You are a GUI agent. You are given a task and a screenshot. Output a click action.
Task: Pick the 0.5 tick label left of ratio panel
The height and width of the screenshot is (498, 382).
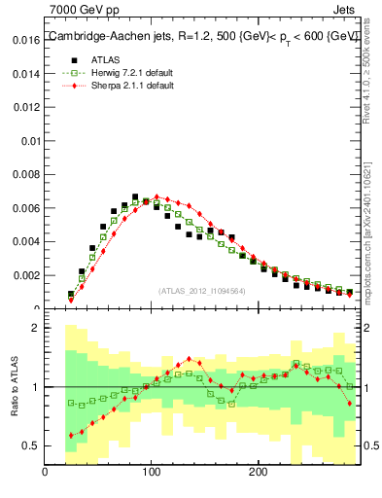pos(29,445)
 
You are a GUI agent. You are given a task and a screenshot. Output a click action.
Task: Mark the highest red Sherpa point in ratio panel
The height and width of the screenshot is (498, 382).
pos(189,358)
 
